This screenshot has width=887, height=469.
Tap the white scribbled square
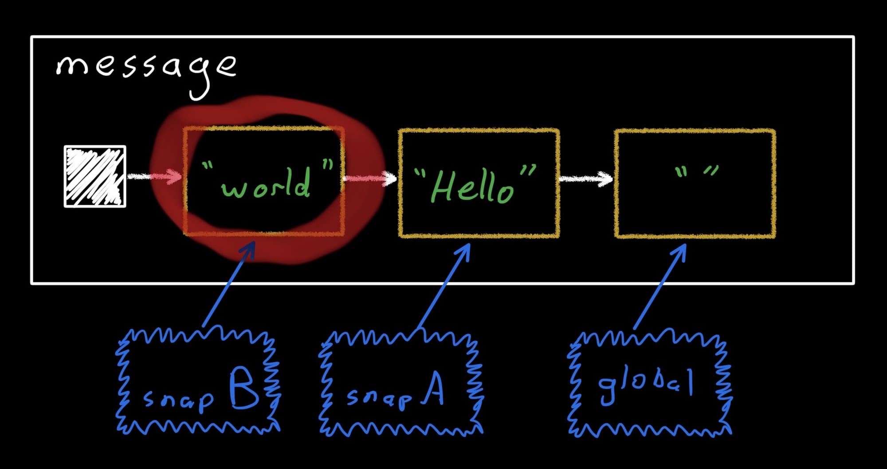coord(95,176)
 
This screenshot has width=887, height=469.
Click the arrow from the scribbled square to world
coord(154,177)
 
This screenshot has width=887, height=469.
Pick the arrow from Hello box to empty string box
coord(586,179)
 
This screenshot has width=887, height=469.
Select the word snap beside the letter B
coord(178,400)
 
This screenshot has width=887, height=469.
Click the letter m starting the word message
coord(73,67)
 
